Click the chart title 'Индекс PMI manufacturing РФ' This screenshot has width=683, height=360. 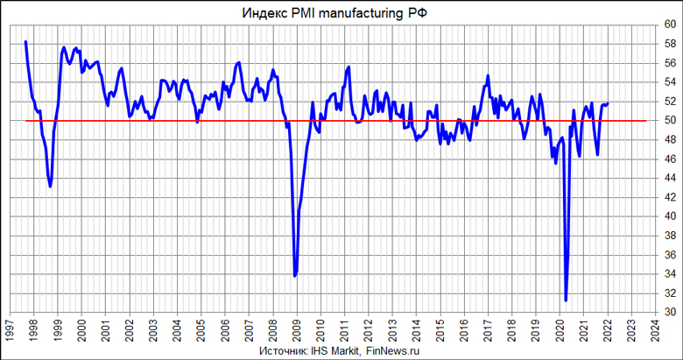(x=341, y=12)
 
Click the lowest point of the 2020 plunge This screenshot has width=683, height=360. (x=566, y=300)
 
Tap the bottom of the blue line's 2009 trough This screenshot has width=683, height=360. (x=295, y=276)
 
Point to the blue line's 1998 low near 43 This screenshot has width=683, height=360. (x=50, y=187)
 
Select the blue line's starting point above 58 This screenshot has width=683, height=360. (x=25, y=42)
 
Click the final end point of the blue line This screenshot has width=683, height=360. (x=608, y=103)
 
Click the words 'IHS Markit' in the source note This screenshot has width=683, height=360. (x=335, y=351)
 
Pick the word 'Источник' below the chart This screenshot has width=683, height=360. (x=283, y=351)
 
